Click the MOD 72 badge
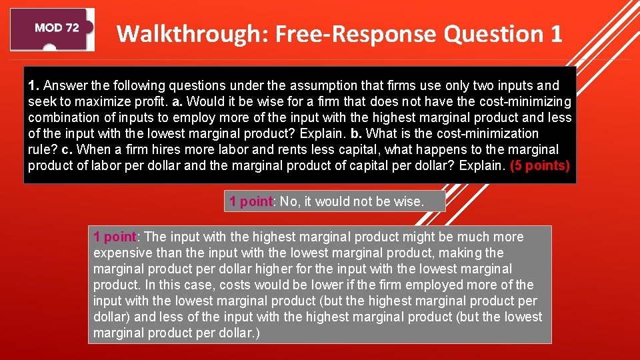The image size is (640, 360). [x=56, y=28]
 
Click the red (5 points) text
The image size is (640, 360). [x=540, y=166]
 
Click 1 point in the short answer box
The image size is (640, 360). [x=251, y=201]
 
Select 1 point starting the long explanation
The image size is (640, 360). [x=115, y=237]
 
